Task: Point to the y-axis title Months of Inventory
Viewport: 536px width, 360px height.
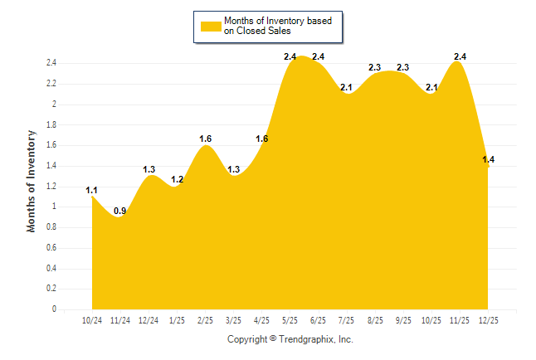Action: [32, 180]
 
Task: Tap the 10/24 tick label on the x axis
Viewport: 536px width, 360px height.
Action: [92, 320]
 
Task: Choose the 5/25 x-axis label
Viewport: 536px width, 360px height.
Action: [290, 320]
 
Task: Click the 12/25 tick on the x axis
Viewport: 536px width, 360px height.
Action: [489, 320]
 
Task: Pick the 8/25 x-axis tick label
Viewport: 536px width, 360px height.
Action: [376, 320]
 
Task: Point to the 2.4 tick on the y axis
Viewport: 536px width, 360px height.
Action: [51, 63]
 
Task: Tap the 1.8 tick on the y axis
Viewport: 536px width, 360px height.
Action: [51, 125]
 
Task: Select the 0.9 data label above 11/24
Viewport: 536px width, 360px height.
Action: [119, 211]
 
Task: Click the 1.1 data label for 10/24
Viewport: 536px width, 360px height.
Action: [92, 190]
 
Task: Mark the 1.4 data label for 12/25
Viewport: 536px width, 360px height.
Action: [489, 159]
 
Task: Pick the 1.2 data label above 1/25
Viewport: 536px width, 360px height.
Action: [177, 180]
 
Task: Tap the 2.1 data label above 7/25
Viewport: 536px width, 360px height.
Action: [347, 87]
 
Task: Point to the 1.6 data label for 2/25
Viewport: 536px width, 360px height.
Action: [206, 139]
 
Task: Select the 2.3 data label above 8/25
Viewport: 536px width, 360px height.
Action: [375, 67]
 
